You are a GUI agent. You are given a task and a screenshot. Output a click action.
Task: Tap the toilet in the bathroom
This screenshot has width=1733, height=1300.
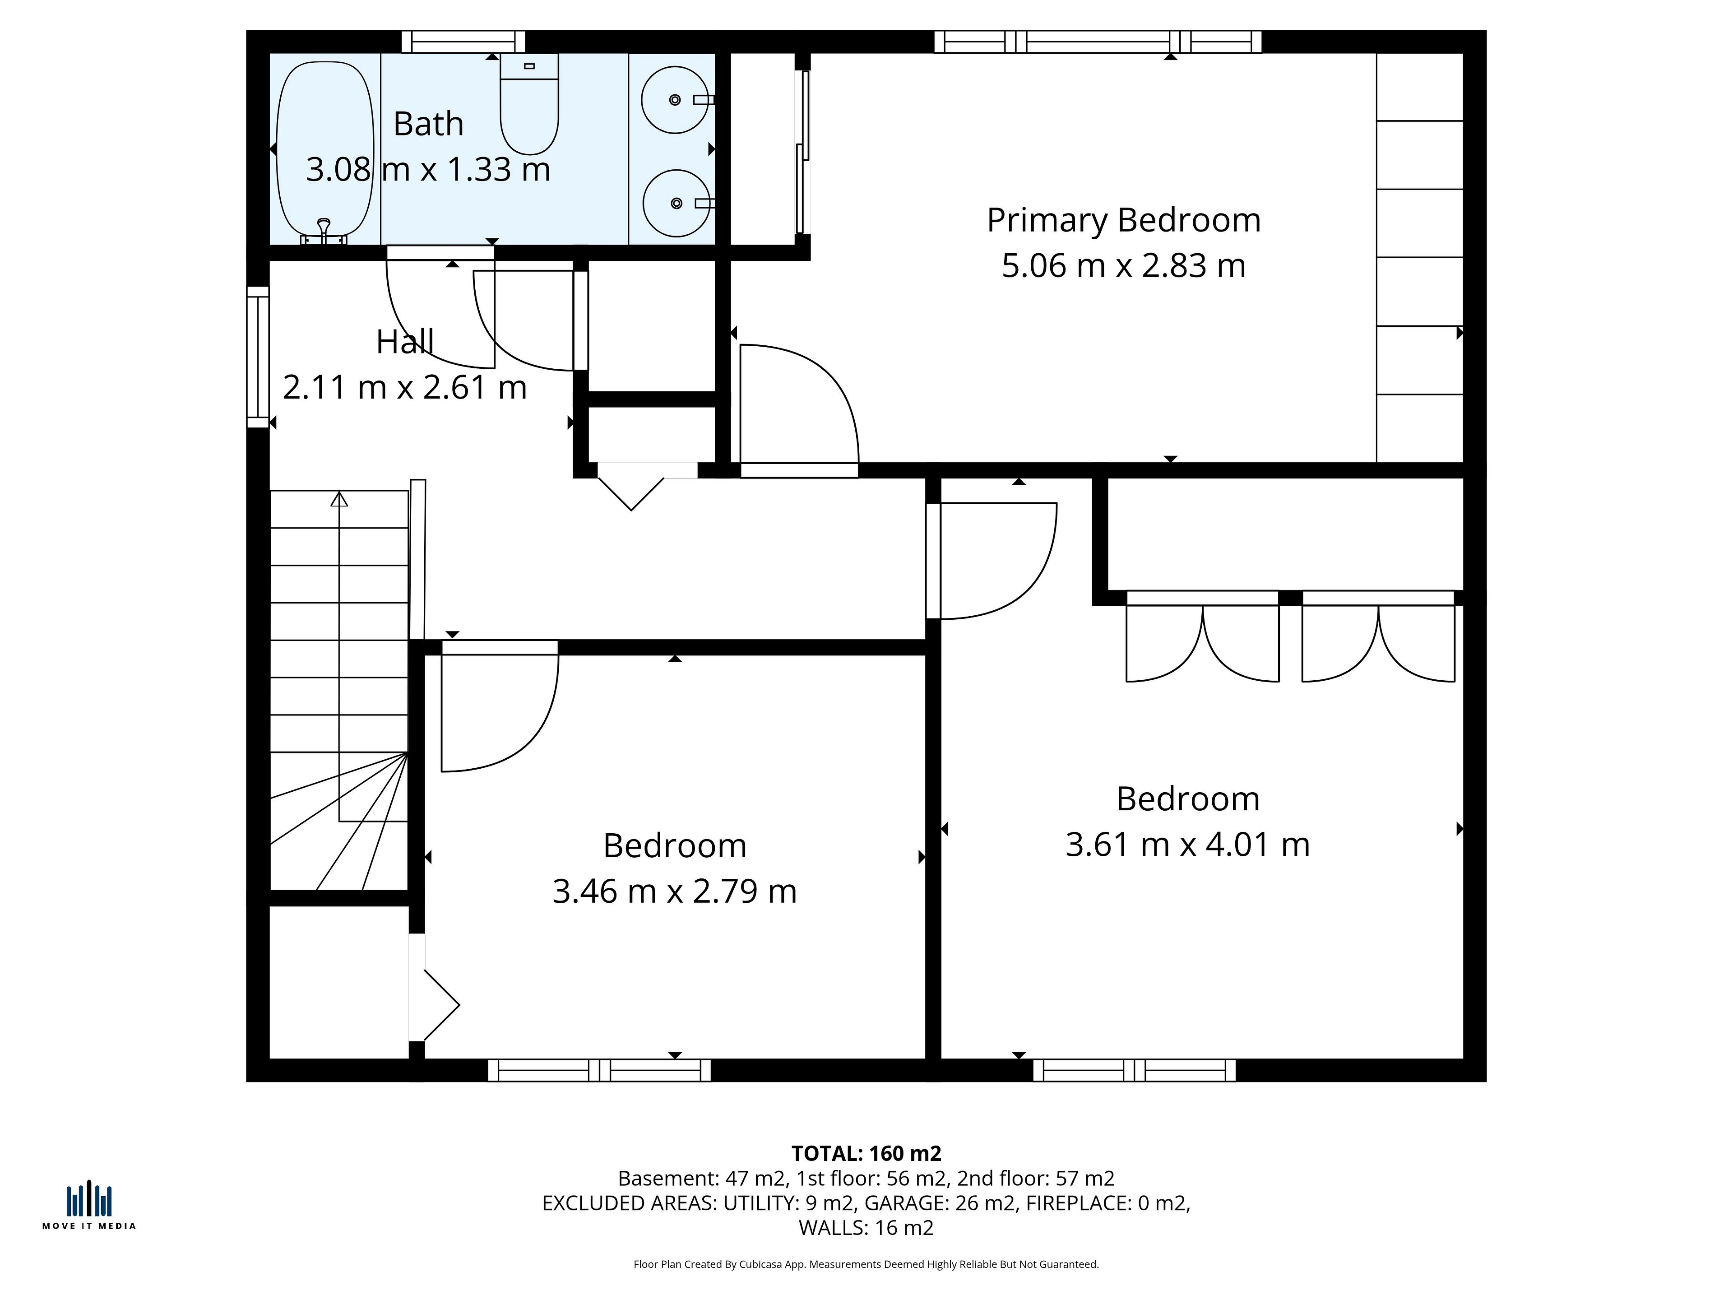point(530,103)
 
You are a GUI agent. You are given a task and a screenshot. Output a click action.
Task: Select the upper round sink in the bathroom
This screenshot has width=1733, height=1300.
point(675,99)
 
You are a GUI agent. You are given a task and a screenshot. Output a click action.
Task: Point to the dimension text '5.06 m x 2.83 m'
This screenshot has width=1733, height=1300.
point(1123,265)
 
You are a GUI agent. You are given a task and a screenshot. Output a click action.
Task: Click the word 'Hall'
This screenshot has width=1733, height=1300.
point(405,342)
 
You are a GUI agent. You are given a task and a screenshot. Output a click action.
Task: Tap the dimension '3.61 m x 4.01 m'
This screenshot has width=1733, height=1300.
point(1188,845)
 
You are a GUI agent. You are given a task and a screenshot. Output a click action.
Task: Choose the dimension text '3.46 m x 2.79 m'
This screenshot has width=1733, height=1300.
point(675,891)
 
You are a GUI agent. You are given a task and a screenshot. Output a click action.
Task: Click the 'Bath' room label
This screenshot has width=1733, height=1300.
point(429,124)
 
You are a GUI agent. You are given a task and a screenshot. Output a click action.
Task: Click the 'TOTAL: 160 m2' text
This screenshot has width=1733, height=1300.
point(866,1153)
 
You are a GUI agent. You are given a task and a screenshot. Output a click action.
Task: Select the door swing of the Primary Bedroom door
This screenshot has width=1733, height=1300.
point(800,404)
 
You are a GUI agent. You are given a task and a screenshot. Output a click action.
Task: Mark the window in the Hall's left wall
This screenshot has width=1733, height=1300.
point(258,357)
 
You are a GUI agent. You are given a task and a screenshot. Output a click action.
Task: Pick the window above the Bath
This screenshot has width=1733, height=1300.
point(463,42)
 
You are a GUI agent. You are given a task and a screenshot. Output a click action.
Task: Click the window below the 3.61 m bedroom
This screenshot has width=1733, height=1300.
point(1135,1070)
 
